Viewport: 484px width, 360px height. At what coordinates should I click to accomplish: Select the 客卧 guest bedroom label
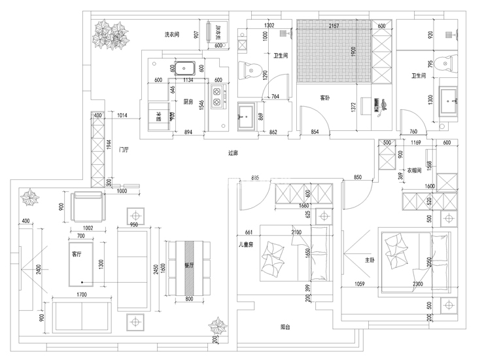pyautogui.click(x=325, y=98)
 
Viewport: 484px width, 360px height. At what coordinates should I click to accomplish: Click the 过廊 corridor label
pyautogui.click(x=233, y=154)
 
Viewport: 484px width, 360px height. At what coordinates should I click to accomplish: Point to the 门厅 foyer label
pyautogui.click(x=124, y=150)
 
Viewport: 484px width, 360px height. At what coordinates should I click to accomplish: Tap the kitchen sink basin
pyautogui.click(x=184, y=67)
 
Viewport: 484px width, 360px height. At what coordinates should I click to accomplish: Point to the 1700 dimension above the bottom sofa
pyautogui.click(x=80, y=295)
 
